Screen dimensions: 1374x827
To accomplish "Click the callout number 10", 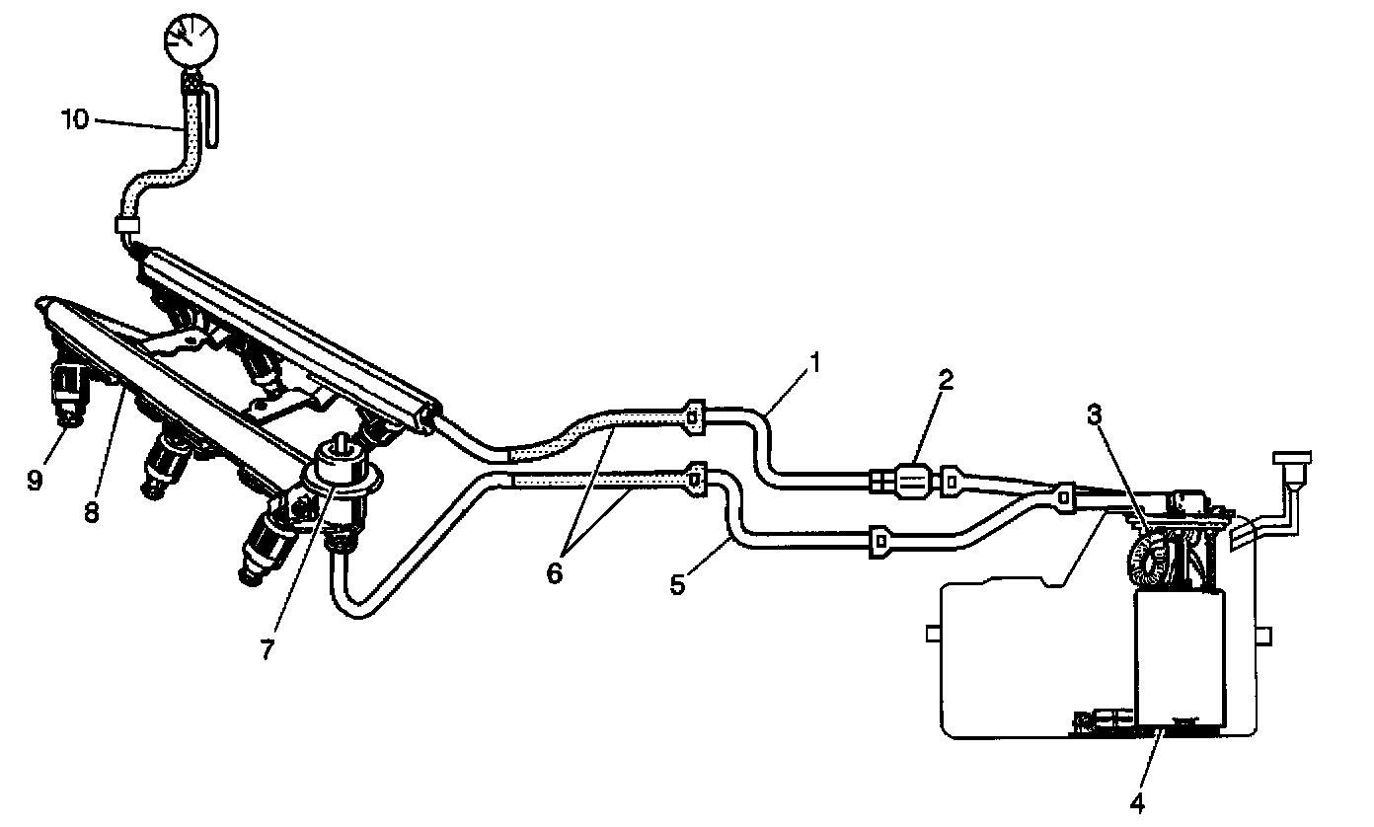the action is pyautogui.click(x=74, y=120).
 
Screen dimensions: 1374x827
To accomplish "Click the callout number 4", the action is pyautogui.click(x=1137, y=804).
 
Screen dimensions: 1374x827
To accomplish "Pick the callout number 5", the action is pyautogui.click(x=677, y=584).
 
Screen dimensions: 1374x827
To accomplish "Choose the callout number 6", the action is pyautogui.click(x=554, y=572).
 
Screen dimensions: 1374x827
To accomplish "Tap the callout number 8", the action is pyautogui.click(x=92, y=514).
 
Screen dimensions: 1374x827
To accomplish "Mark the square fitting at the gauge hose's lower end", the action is pyautogui.click(x=126, y=224).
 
